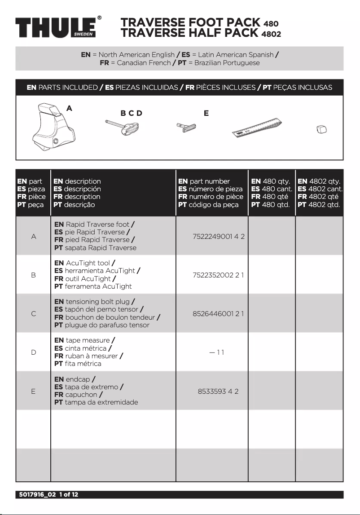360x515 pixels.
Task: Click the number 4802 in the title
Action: click(272, 34)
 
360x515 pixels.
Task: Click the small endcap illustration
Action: click(321, 130)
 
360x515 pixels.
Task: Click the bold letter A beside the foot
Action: click(69, 108)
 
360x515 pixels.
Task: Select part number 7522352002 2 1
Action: click(218, 275)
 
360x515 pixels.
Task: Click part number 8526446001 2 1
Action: click(218, 313)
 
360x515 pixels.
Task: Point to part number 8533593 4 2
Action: click(218, 391)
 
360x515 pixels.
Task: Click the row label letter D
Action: click(33, 352)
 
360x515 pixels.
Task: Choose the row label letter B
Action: click(33, 275)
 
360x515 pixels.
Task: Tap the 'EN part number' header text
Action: click(204, 181)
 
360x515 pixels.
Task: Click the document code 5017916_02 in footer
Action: click(36, 494)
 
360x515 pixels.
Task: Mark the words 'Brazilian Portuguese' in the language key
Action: click(227, 63)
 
